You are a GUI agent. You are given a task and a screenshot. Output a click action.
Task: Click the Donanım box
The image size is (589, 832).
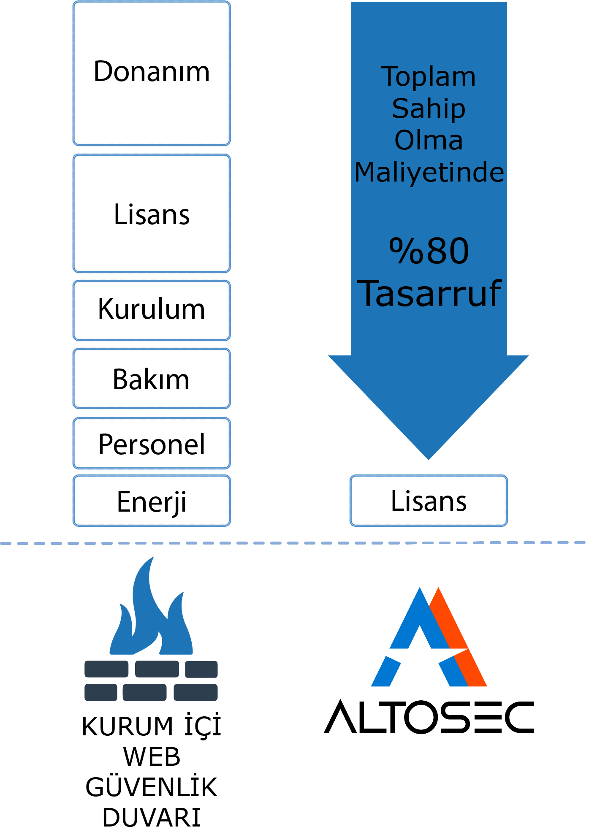(152, 73)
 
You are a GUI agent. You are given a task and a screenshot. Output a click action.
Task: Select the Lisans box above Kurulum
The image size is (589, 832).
(152, 214)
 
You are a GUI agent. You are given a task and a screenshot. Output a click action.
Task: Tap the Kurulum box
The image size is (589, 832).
(152, 310)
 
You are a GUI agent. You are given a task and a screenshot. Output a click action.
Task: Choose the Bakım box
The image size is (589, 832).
(152, 379)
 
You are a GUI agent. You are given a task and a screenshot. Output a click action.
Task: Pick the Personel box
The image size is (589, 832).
(152, 444)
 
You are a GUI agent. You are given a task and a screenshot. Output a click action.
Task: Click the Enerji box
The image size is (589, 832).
(152, 501)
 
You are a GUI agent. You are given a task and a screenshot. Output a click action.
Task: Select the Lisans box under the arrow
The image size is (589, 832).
(429, 501)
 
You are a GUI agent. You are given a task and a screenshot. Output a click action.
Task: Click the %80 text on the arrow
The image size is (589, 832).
(429, 251)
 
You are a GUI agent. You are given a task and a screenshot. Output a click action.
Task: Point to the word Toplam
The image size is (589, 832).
(429, 77)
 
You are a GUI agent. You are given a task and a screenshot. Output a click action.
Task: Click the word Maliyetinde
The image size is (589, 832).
(429, 172)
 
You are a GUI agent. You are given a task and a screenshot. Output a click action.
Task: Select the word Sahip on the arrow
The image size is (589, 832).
(429, 109)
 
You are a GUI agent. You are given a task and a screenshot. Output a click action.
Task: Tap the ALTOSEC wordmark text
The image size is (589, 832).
(429, 717)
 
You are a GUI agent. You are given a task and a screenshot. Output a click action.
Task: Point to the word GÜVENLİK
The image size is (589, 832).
(152, 787)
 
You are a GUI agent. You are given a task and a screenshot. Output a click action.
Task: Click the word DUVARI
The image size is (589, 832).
(152, 818)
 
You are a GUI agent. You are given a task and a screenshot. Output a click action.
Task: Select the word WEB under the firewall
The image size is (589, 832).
(152, 757)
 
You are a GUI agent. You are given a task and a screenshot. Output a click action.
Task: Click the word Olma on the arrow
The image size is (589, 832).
(429, 141)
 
